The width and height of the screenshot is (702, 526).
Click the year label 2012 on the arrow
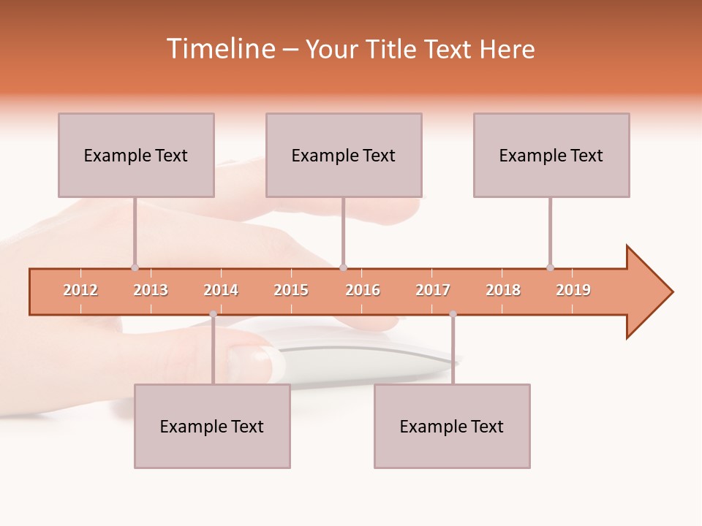pos(80,290)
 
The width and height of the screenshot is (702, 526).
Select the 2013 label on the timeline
pos(151,290)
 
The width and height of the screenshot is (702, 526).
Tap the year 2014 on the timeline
pos(221,290)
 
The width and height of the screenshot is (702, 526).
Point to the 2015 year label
pos(291,290)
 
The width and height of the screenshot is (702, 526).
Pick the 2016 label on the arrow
pos(363,290)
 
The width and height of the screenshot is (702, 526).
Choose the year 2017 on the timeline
pos(433,290)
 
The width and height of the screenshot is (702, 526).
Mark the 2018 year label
pos(503,290)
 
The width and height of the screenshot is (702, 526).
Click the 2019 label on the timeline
pos(573,290)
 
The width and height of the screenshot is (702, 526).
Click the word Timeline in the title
pos(219,49)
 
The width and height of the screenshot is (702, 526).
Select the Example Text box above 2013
pos(136,155)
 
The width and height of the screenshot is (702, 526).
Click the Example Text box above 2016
pos(344,155)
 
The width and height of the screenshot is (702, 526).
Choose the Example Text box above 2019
pos(551,155)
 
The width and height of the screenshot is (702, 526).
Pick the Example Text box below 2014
pos(212,426)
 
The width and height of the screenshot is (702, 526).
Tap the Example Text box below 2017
pos(452,426)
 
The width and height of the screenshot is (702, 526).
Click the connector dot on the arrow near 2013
pos(135,267)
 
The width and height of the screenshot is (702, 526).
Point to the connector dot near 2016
pos(343,267)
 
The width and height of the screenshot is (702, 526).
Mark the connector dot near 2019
pos(550,267)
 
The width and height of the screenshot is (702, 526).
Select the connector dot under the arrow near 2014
pos(213,314)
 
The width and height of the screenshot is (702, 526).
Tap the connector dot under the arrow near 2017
pos(453,314)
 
